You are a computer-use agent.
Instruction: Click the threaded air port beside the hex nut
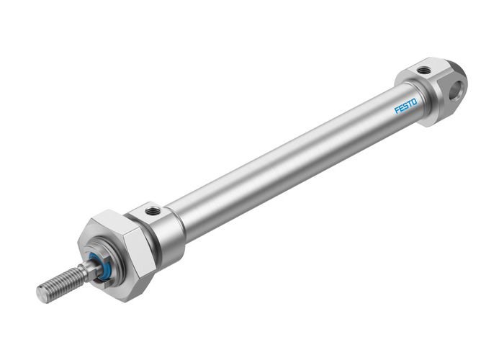coord(153,211)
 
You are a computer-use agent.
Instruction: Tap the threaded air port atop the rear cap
coord(424,70)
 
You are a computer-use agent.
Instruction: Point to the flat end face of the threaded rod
coord(42,294)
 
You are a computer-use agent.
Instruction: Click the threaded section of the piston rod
coord(61,283)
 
